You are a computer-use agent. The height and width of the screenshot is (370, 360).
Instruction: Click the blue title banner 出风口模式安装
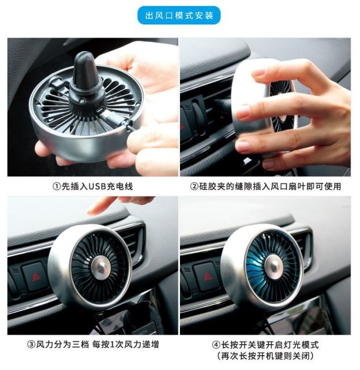(x=179, y=15)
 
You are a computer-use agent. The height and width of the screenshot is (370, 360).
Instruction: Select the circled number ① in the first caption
(x=57, y=187)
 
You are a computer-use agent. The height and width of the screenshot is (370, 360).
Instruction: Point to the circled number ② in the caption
(x=194, y=187)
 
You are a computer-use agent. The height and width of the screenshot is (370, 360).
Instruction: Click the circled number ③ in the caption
(x=31, y=345)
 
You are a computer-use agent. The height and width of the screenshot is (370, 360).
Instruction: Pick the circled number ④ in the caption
(x=216, y=345)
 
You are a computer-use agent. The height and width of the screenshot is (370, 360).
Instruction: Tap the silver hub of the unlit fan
(x=101, y=267)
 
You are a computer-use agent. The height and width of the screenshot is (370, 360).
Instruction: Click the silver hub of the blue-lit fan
(x=273, y=266)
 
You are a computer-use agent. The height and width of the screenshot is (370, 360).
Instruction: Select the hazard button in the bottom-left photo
(x=35, y=275)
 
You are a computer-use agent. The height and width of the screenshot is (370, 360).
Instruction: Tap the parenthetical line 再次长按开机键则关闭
(x=266, y=356)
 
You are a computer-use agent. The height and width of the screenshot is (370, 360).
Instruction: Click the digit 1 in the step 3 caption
(x=112, y=345)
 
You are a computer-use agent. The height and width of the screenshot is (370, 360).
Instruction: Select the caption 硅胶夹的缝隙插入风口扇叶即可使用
(x=270, y=187)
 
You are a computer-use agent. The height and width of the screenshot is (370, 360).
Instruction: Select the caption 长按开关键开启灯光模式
(x=270, y=345)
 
